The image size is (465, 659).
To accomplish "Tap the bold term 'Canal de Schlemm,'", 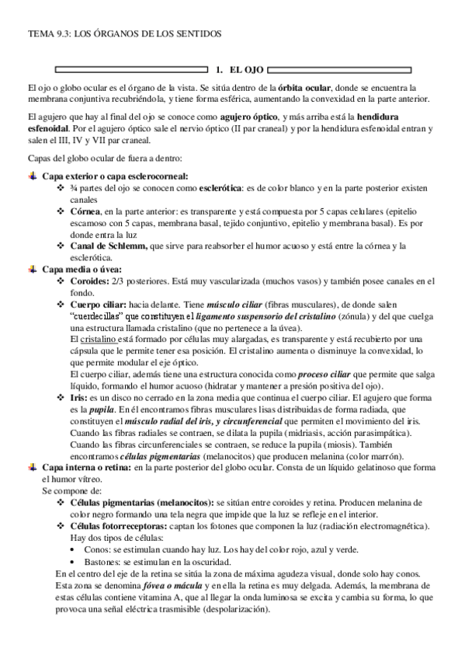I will coord(109,246).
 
